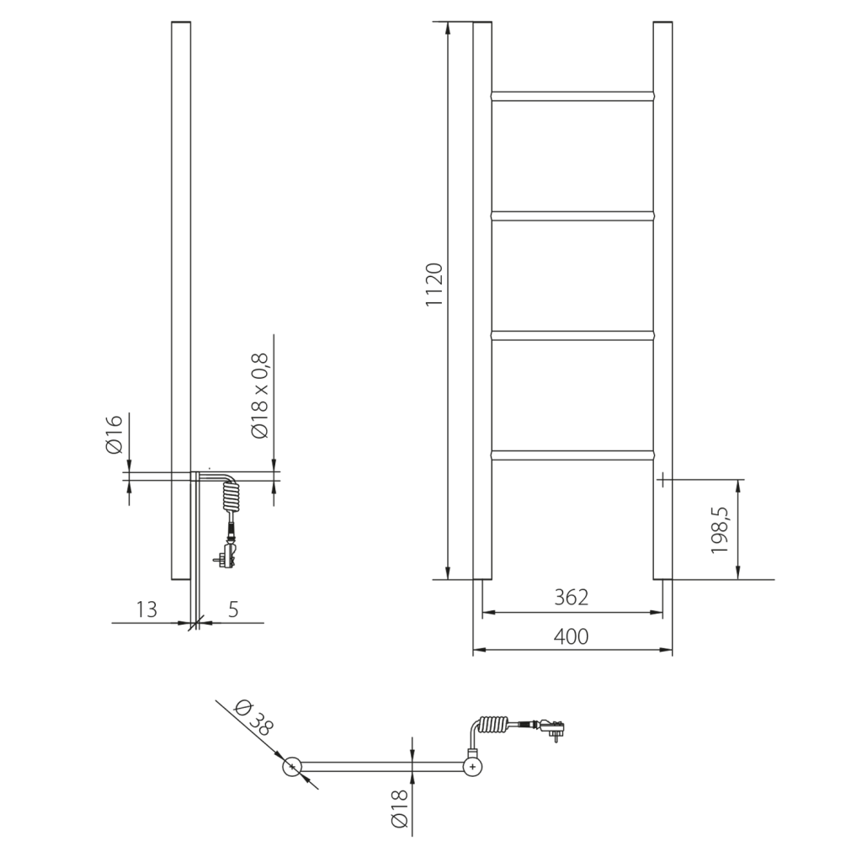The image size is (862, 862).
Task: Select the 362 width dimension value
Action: click(572, 598)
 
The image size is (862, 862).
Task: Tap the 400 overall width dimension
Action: click(572, 636)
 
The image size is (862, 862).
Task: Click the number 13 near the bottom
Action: click(146, 609)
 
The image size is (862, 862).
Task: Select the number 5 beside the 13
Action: click(231, 609)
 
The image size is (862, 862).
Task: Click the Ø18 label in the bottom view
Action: click(399, 806)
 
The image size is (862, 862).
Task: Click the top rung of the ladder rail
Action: click(572, 96)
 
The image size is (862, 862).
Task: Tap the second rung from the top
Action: click(572, 216)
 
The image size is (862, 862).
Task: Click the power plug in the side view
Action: click(227, 554)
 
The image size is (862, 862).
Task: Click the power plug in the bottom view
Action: click(551, 726)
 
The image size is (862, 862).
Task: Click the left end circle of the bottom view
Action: click(291, 767)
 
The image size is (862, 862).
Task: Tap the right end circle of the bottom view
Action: click(474, 766)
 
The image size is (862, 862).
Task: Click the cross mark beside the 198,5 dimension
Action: click(663, 480)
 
